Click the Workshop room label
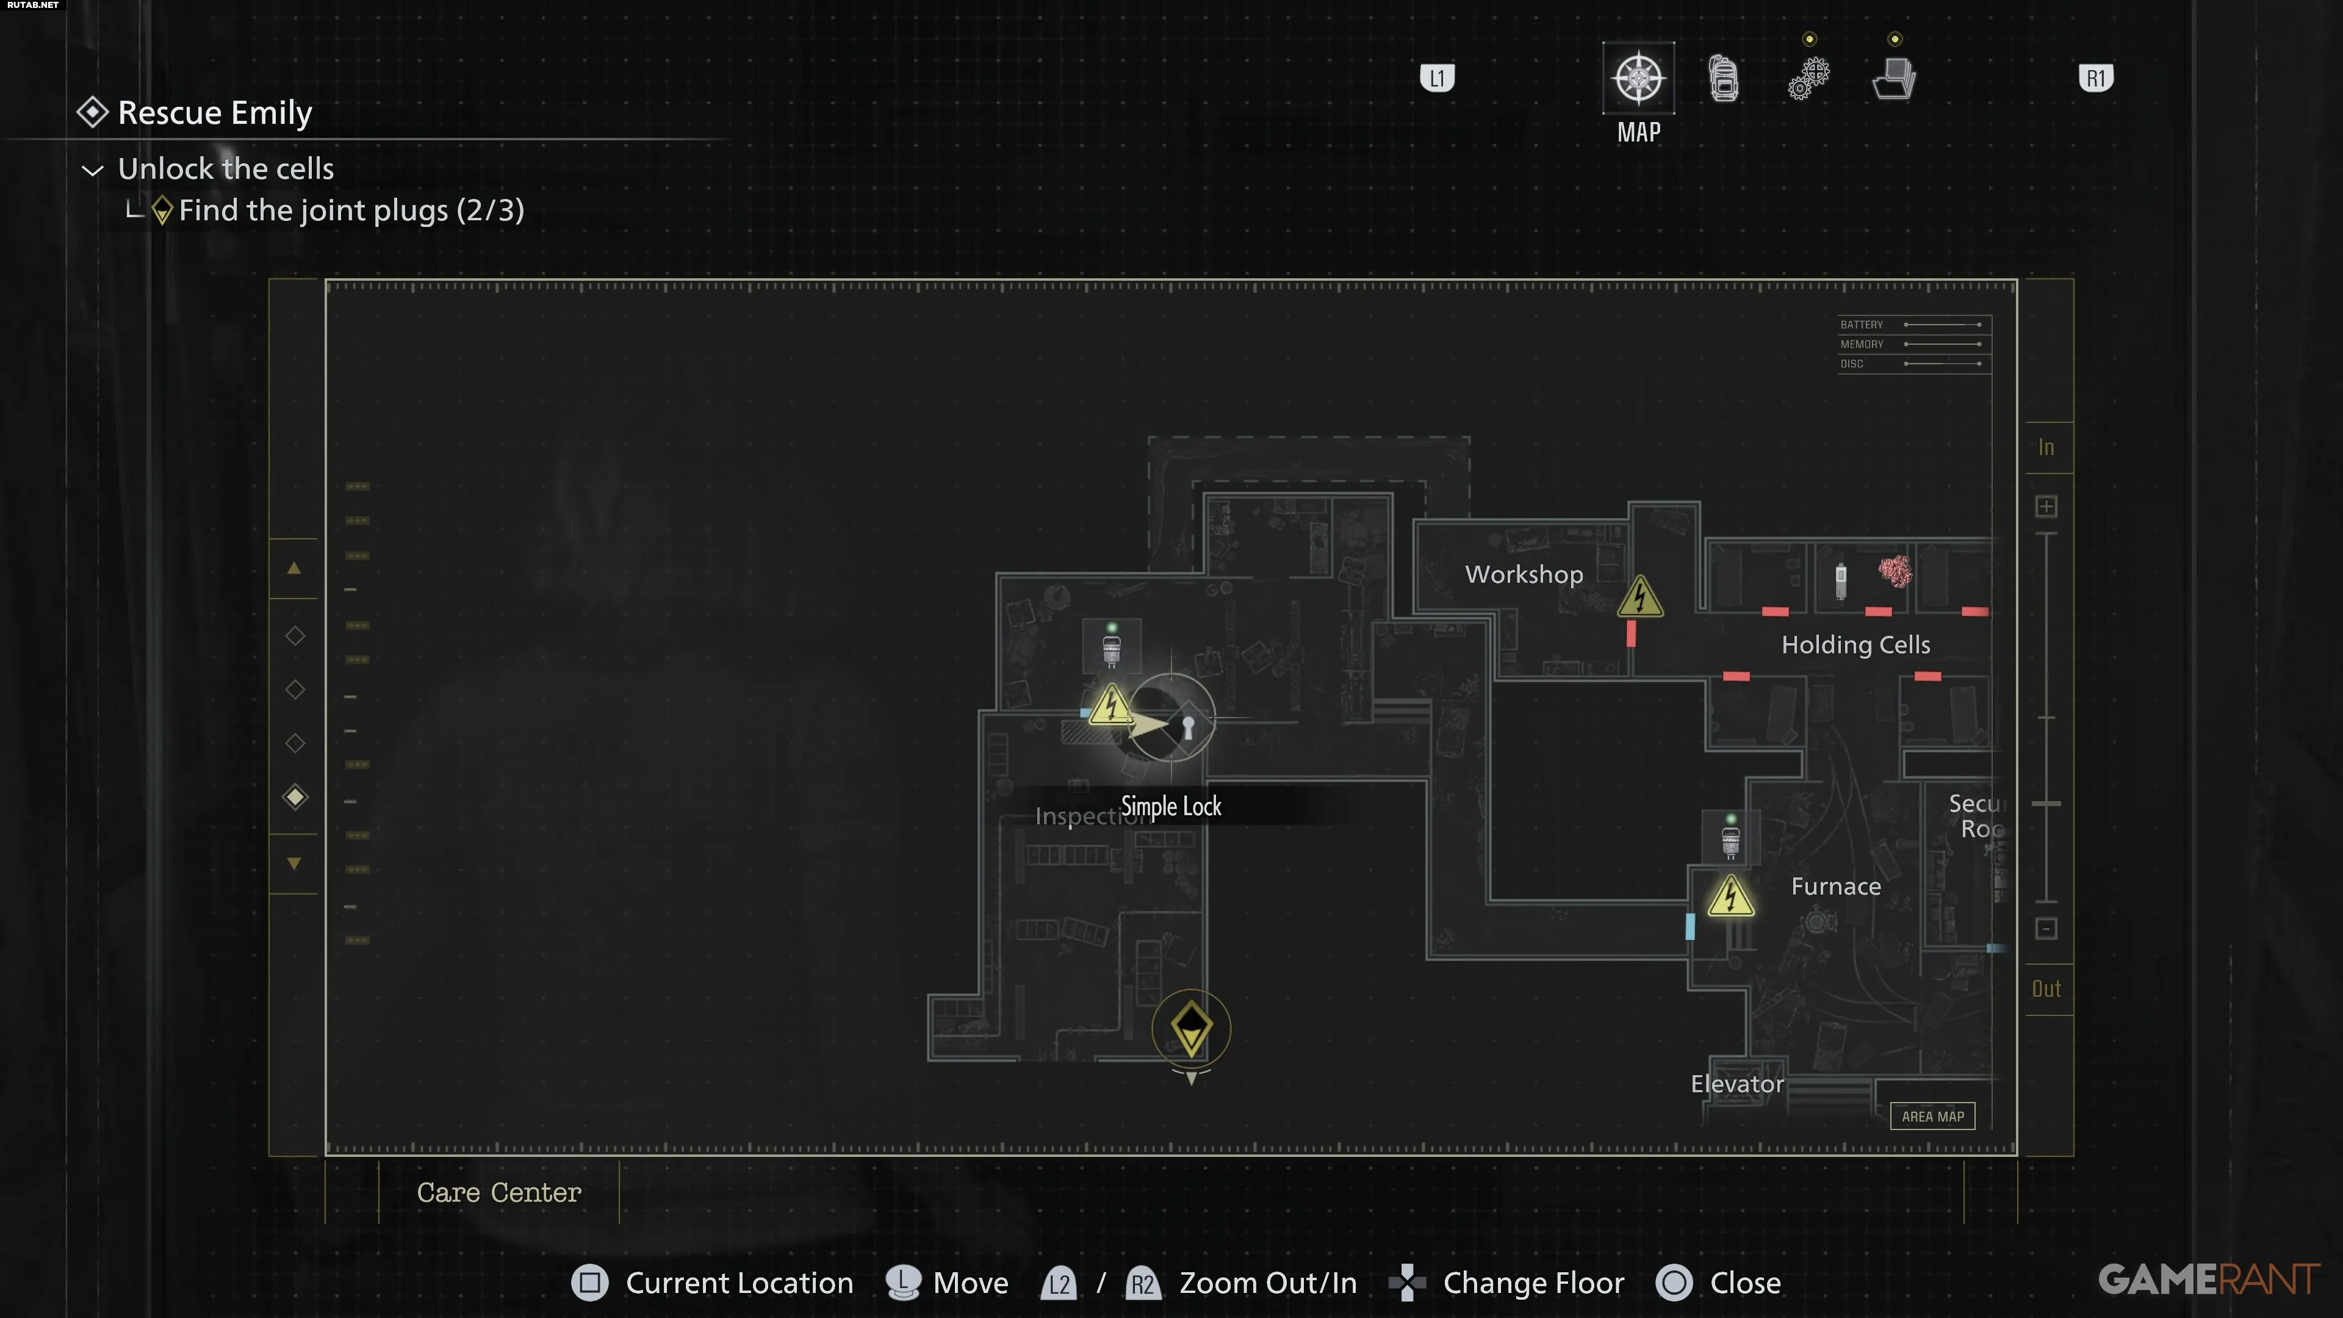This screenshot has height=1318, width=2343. (1524, 574)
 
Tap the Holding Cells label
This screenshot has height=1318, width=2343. (1855, 645)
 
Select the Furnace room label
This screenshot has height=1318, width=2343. (1835, 887)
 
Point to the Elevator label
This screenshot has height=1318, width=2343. (1737, 1084)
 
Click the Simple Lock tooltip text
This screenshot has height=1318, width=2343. (1171, 806)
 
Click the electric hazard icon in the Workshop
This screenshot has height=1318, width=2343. (1640, 597)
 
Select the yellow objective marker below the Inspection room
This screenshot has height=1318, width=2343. (1190, 1029)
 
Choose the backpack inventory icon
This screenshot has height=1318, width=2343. (1724, 78)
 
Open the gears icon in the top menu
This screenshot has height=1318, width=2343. (1808, 78)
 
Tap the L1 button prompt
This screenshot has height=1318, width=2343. (1437, 78)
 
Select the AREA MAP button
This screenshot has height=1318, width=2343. (1932, 1116)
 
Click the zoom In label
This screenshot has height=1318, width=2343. (2046, 447)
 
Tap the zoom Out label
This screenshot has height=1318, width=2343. (2046, 988)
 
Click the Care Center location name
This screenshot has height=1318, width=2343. (498, 1192)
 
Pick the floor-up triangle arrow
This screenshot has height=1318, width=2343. (293, 569)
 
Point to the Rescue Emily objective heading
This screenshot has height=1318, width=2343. (215, 113)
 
